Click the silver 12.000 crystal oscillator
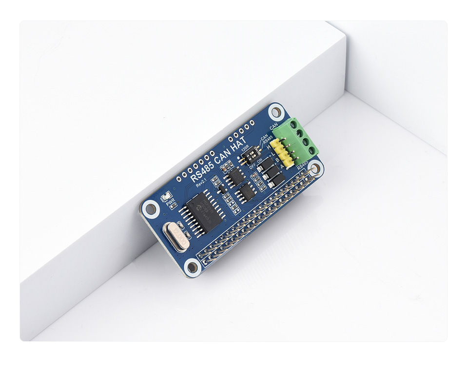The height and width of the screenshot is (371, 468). point(175,234)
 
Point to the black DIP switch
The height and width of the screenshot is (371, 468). point(247,156)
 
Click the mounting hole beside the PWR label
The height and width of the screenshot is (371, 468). point(151,209)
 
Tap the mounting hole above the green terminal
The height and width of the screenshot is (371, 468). point(276,112)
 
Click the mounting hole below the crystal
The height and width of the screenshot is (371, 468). point(192,267)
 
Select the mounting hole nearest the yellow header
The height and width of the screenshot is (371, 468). point(315,169)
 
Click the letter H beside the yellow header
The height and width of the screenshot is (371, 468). point(268,146)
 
